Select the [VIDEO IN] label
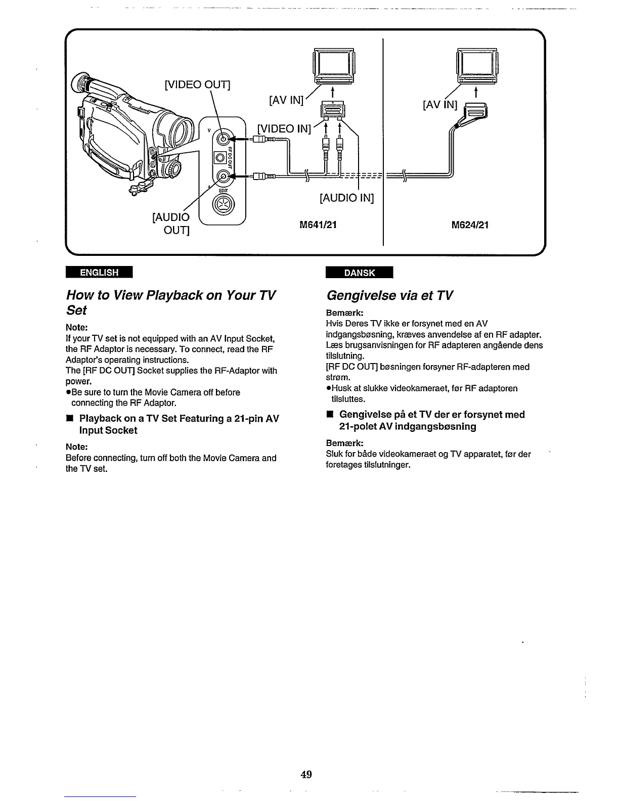[x=283, y=128]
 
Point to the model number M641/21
[x=318, y=225]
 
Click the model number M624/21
[x=470, y=225]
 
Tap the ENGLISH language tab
[x=99, y=273]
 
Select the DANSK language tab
[x=360, y=273]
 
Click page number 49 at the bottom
[x=305, y=774]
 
